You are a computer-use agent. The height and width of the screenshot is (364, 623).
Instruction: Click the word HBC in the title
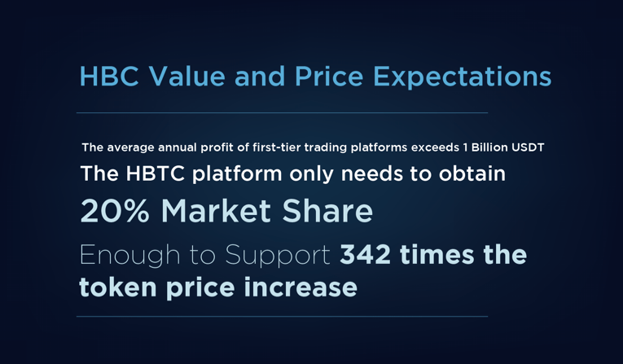[x=109, y=76]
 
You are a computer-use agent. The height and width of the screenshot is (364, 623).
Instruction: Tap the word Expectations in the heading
[x=463, y=78]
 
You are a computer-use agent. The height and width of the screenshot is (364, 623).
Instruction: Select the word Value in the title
[x=186, y=76]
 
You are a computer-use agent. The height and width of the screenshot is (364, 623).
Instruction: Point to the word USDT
[x=528, y=147]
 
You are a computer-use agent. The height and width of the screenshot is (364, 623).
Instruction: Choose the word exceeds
[x=435, y=147]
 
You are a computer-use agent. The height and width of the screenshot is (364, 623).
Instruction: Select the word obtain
[x=472, y=173]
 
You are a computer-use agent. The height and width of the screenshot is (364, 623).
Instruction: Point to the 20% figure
[x=115, y=211]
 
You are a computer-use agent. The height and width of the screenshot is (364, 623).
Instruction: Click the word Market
[x=216, y=211]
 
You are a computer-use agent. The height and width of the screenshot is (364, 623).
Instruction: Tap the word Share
[x=327, y=211]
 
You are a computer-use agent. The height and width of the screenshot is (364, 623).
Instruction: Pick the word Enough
[x=130, y=256]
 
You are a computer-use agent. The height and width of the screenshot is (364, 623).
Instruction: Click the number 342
[x=365, y=255]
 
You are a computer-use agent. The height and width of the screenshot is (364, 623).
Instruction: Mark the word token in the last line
[x=118, y=287]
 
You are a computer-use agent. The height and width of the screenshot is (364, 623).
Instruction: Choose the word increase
[x=301, y=287]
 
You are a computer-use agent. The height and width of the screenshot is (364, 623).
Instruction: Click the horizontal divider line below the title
[x=282, y=113]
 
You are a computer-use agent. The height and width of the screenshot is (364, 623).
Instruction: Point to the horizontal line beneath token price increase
[x=282, y=317]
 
